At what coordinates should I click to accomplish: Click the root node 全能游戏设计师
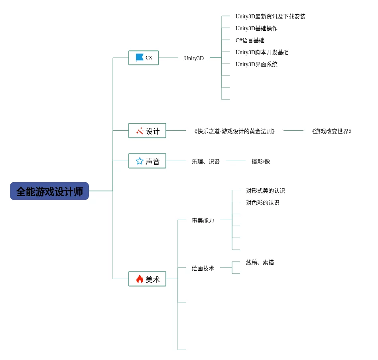point(49,191)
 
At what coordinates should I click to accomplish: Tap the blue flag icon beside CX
point(140,57)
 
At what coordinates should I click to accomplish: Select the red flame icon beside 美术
point(140,279)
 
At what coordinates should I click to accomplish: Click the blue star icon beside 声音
point(140,161)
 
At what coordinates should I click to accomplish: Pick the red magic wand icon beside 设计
point(140,131)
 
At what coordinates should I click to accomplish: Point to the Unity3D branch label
point(194,58)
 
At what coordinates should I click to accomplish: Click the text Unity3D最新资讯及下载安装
point(270,16)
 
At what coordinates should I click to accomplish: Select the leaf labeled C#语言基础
point(250,40)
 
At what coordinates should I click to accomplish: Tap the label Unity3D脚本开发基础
point(262,52)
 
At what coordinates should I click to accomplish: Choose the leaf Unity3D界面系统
point(256,64)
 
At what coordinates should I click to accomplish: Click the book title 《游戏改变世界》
point(331,131)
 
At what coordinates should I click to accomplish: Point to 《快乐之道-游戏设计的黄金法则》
point(234,131)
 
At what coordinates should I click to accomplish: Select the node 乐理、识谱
point(206,161)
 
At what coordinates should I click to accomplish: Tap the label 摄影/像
point(261,161)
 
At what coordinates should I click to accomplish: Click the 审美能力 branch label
point(203,220)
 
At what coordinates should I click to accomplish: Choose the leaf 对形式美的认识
point(266,191)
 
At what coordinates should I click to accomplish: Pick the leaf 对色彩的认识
point(262,203)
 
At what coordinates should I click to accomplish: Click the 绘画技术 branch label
point(203,268)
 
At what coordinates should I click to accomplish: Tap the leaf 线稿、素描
point(260,262)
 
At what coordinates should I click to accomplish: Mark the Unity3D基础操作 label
point(256,28)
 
